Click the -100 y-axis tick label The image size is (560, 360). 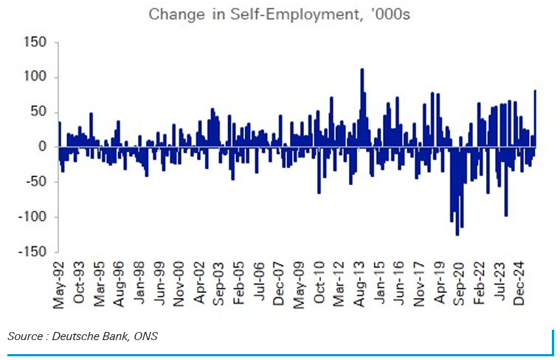click(34, 217)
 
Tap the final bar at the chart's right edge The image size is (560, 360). click(535, 118)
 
